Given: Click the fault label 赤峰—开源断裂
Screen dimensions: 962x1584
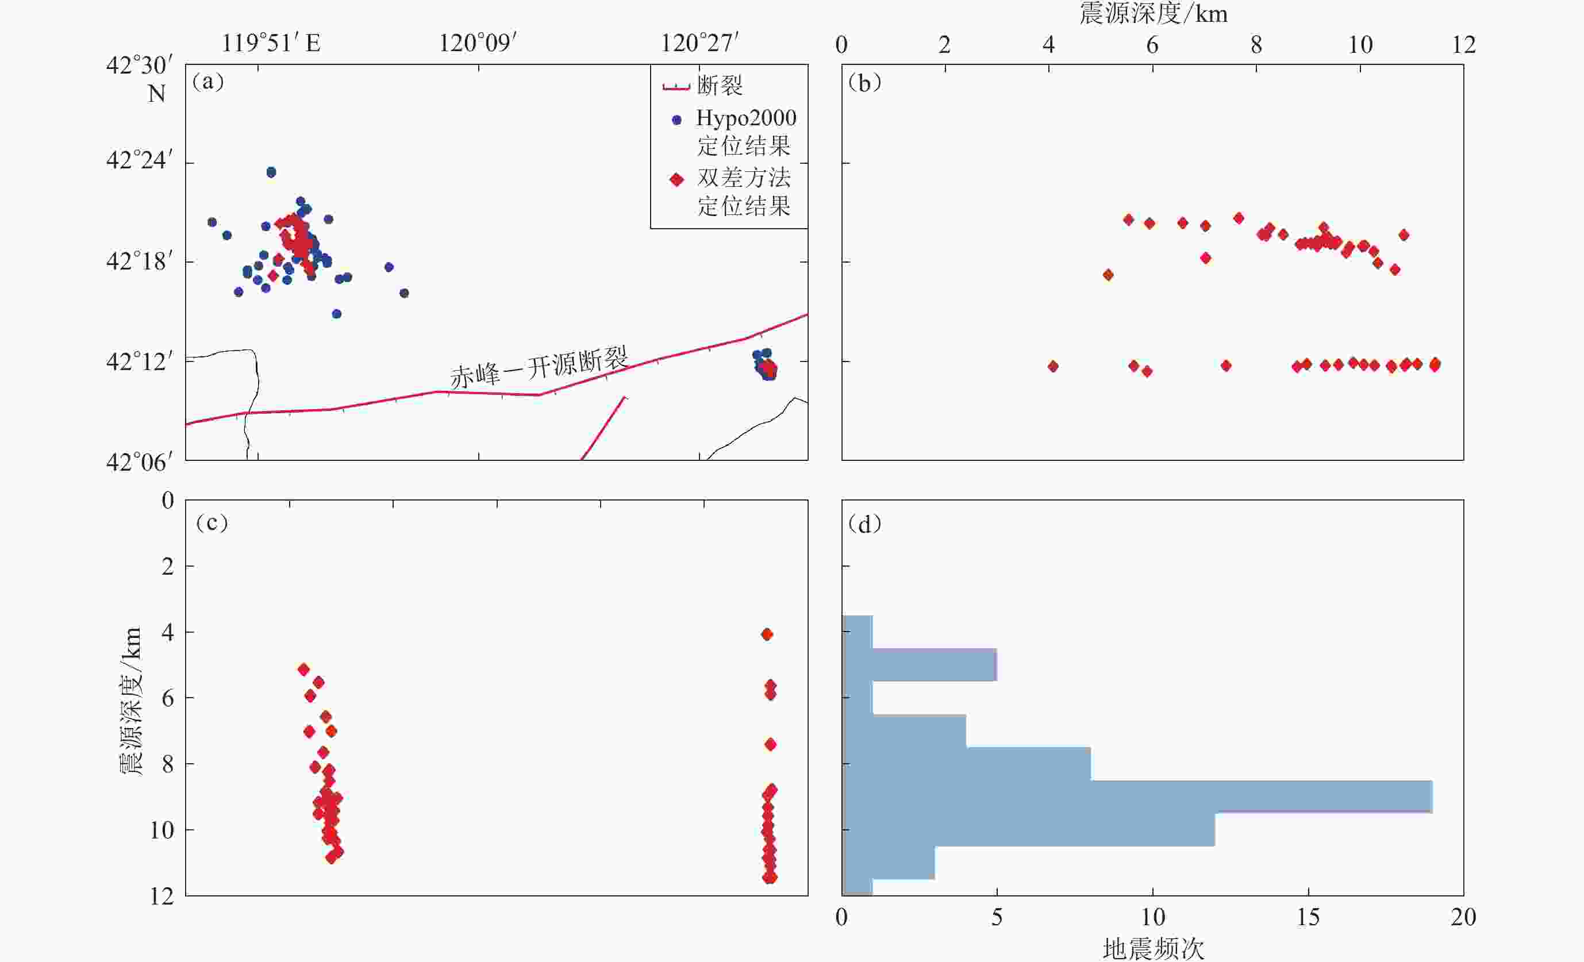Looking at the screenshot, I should (x=539, y=368).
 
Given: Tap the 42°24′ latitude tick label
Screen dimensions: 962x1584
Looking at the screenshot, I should (x=139, y=160).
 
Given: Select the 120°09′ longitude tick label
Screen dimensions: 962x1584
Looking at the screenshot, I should (x=478, y=43).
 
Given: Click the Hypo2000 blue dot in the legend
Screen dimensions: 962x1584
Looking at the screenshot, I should (x=676, y=120).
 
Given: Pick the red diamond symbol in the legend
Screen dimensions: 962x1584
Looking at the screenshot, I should (x=676, y=179).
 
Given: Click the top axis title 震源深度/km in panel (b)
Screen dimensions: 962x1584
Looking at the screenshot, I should (x=1154, y=13).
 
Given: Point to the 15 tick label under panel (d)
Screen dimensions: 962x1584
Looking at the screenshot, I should (x=1308, y=917).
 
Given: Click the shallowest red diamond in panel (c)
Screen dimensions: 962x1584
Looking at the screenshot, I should (x=766, y=634).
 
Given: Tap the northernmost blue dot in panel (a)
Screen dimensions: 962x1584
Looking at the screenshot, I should (x=271, y=172).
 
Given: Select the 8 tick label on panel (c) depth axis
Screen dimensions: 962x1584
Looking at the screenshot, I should (x=168, y=764).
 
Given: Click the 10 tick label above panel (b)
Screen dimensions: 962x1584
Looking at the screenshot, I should (x=1360, y=45).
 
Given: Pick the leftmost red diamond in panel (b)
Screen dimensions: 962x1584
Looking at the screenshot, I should (x=1053, y=366).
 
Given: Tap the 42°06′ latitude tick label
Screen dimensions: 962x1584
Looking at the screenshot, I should (x=139, y=462).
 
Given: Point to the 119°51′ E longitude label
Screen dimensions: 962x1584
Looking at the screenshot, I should (x=271, y=43).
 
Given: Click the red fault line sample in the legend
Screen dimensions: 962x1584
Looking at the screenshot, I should (x=676, y=87).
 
